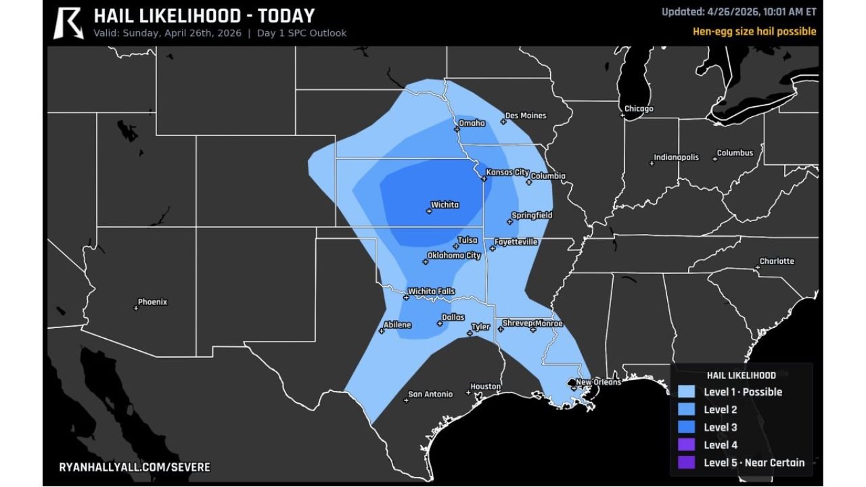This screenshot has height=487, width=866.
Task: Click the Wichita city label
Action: (x=445, y=205)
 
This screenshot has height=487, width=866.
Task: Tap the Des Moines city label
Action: (x=525, y=116)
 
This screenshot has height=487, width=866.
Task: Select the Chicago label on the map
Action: (x=639, y=109)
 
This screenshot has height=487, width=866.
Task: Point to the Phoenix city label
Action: (x=152, y=302)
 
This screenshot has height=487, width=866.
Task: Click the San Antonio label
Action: (x=430, y=394)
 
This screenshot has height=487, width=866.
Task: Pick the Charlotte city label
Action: (x=777, y=261)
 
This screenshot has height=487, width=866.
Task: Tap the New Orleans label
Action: (x=598, y=382)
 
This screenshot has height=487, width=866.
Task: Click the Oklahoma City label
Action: (x=453, y=256)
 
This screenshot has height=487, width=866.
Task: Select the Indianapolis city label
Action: (x=676, y=158)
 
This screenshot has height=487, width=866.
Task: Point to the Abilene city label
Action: (x=397, y=325)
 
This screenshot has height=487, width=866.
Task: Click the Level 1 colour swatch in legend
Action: (x=687, y=392)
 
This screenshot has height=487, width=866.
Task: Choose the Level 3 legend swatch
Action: (x=687, y=427)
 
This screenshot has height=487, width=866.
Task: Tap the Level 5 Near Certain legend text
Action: (x=754, y=463)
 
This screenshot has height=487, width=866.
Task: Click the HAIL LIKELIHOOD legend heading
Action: (x=741, y=375)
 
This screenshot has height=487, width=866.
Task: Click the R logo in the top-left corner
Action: (x=68, y=22)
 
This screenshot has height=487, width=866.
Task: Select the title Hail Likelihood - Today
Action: (x=204, y=16)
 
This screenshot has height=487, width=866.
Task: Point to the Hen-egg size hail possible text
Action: (x=754, y=31)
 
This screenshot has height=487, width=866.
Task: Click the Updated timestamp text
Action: (x=738, y=11)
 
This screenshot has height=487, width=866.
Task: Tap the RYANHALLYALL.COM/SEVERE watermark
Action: (x=135, y=467)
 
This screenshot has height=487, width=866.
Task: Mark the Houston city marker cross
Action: (x=468, y=392)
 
